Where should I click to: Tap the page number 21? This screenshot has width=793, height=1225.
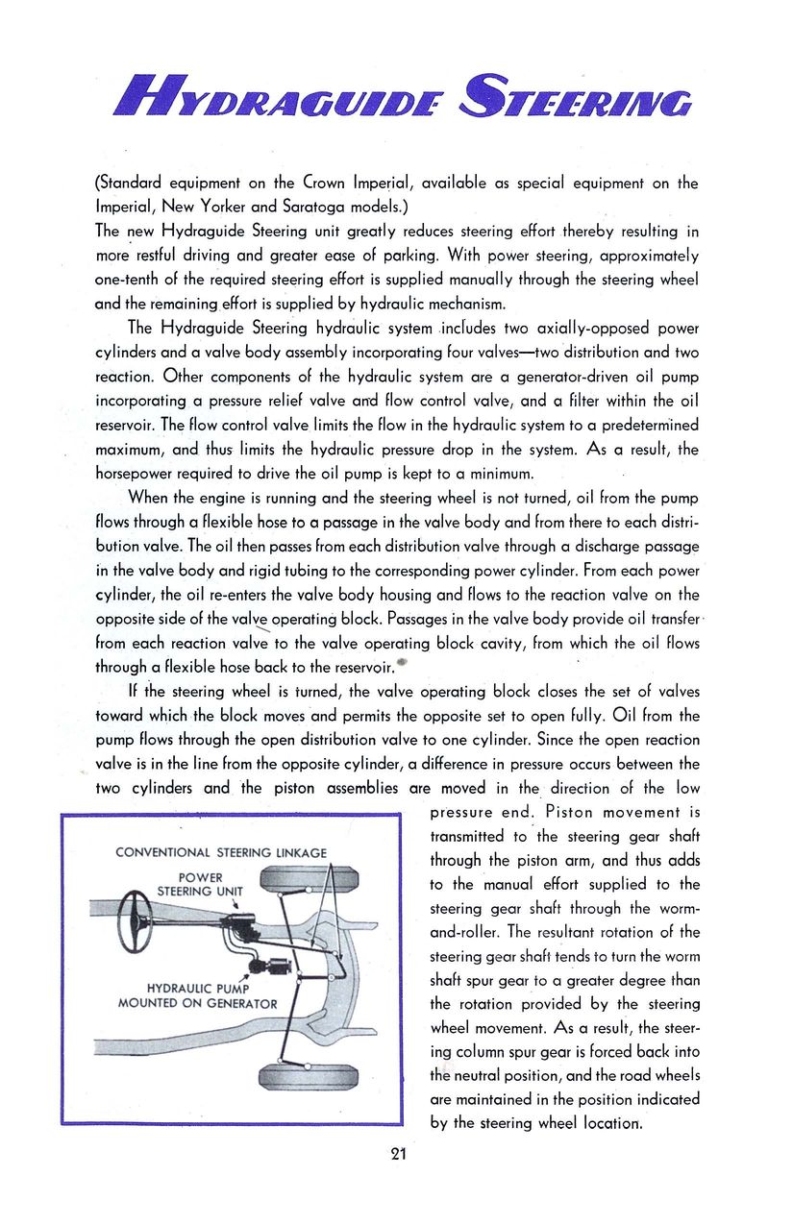click(397, 1154)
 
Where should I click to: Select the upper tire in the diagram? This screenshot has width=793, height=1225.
click(310, 880)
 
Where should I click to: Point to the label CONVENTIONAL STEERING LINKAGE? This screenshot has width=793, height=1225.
click(221, 852)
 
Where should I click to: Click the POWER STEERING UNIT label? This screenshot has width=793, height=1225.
click(200, 884)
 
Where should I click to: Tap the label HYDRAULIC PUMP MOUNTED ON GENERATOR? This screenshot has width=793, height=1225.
click(197, 996)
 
